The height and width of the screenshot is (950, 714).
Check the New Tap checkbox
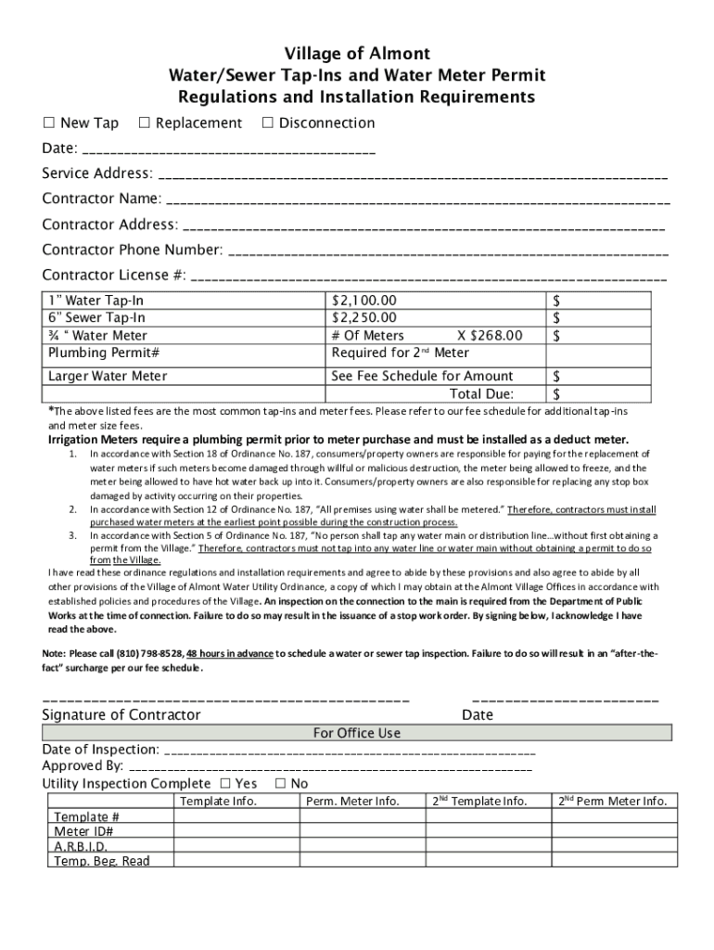coord(50,123)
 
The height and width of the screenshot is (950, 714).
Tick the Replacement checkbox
coord(144,123)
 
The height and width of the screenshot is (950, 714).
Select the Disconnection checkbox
coord(267,123)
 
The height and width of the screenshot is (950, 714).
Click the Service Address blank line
coord(413,175)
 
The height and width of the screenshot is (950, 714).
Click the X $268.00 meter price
coord(490,336)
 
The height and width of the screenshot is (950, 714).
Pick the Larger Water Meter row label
coord(108,377)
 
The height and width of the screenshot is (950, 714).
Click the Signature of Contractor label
coord(121,715)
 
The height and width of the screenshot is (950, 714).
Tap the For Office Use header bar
coord(357,733)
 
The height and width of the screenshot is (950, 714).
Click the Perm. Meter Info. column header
coord(352,802)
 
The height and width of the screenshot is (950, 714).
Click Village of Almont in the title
coord(357,54)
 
